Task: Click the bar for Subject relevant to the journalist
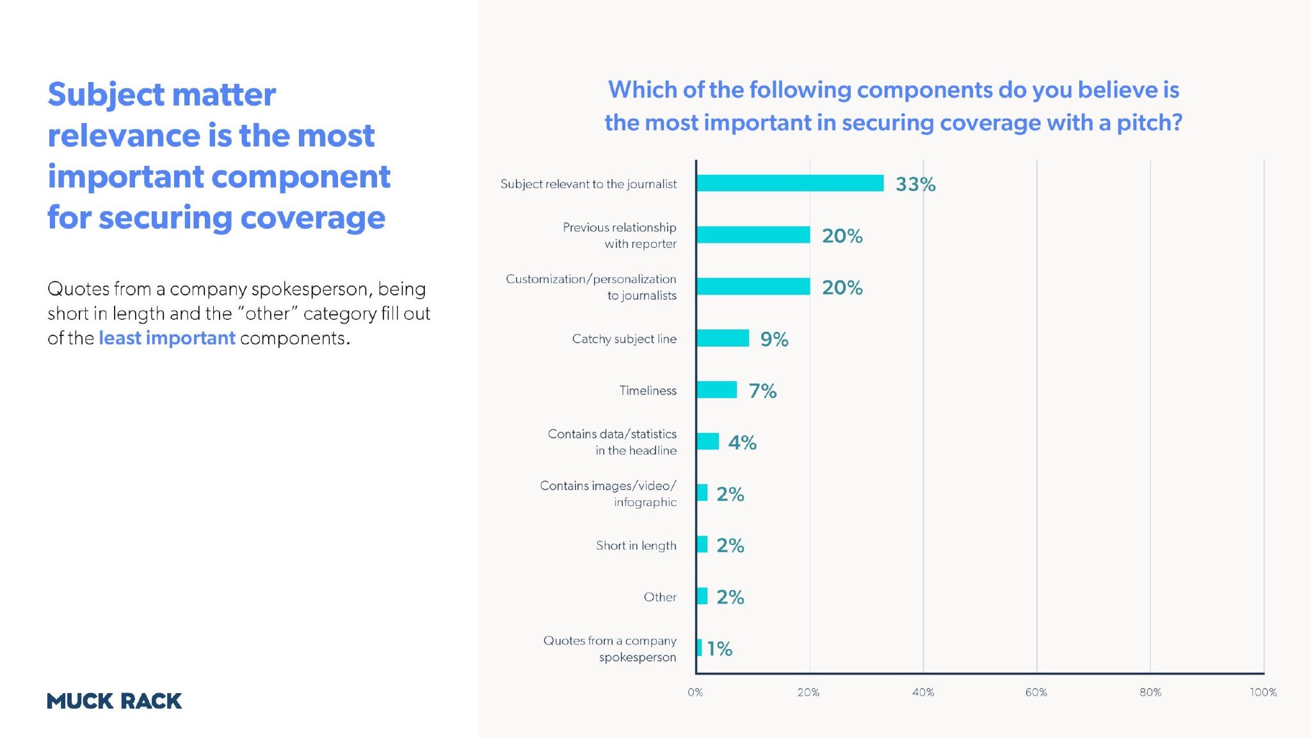click(x=790, y=183)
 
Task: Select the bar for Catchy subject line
click(x=723, y=338)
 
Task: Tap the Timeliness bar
click(x=717, y=389)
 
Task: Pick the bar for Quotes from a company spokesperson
click(x=699, y=648)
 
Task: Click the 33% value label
click(x=915, y=184)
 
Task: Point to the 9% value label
click(x=774, y=339)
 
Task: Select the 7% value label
click(x=763, y=391)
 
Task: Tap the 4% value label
click(x=743, y=443)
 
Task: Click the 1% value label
click(x=720, y=649)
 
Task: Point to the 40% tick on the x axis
click(x=923, y=693)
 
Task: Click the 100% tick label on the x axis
click(x=1263, y=693)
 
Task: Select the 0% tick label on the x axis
click(x=695, y=693)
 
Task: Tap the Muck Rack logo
click(x=115, y=701)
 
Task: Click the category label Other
click(x=660, y=597)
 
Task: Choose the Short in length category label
click(x=636, y=545)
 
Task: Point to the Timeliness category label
click(x=648, y=390)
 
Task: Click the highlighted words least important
click(x=167, y=338)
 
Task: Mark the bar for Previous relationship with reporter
click(x=753, y=235)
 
